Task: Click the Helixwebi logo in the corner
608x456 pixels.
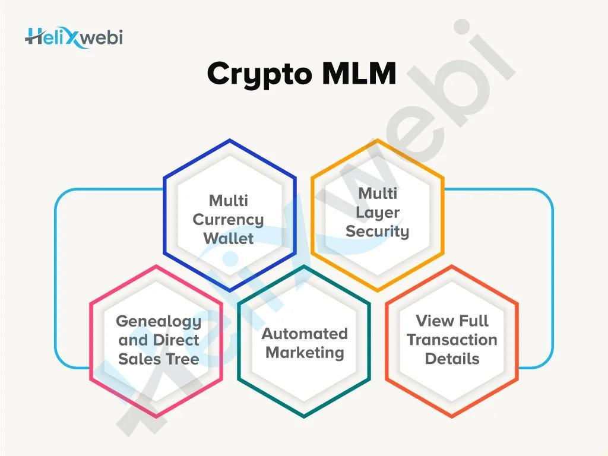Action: tap(74, 39)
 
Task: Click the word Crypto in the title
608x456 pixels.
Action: tap(259, 75)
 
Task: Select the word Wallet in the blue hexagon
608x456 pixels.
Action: tap(229, 238)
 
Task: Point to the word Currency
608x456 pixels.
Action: tap(229, 220)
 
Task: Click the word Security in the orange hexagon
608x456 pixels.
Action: tap(377, 232)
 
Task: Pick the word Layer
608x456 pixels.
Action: tap(377, 213)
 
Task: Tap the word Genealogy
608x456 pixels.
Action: tap(159, 321)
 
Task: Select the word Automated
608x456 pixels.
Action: tap(305, 334)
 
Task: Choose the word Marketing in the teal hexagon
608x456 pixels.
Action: tap(305, 353)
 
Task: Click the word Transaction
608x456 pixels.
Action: tap(452, 340)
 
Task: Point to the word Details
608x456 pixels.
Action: tap(452, 359)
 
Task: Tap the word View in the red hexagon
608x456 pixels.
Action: tap(432, 321)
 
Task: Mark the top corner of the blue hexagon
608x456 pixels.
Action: tap(230, 140)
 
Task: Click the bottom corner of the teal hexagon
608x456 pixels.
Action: tap(304, 417)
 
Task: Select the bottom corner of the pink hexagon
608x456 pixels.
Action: tap(156, 417)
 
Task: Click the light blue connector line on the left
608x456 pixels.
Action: tap(55, 278)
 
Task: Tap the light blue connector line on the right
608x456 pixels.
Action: tap(553, 278)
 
